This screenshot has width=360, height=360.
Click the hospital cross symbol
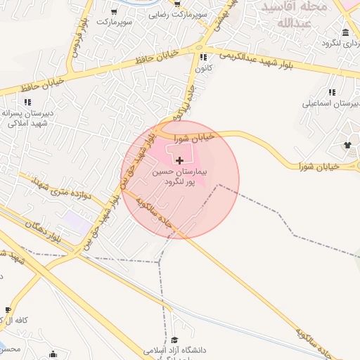click(x=179, y=161)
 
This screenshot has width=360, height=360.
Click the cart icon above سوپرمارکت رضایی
click(x=177, y=4)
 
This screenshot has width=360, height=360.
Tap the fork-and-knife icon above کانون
click(x=203, y=58)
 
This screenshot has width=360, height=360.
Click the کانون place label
click(x=203, y=68)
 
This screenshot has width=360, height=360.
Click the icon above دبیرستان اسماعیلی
click(x=332, y=92)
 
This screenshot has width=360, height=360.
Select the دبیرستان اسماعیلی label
click(x=330, y=103)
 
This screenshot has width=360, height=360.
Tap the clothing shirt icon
click(x=347, y=145)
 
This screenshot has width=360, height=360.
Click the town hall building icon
click(x=345, y=33)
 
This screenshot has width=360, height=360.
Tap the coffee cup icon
click(x=8, y=309)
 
